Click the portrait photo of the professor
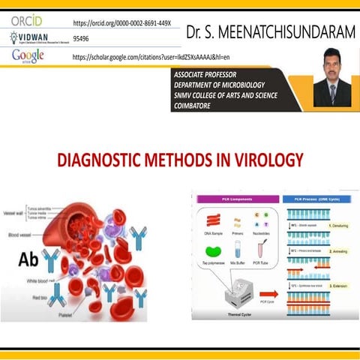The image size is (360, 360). coord(332,82)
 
